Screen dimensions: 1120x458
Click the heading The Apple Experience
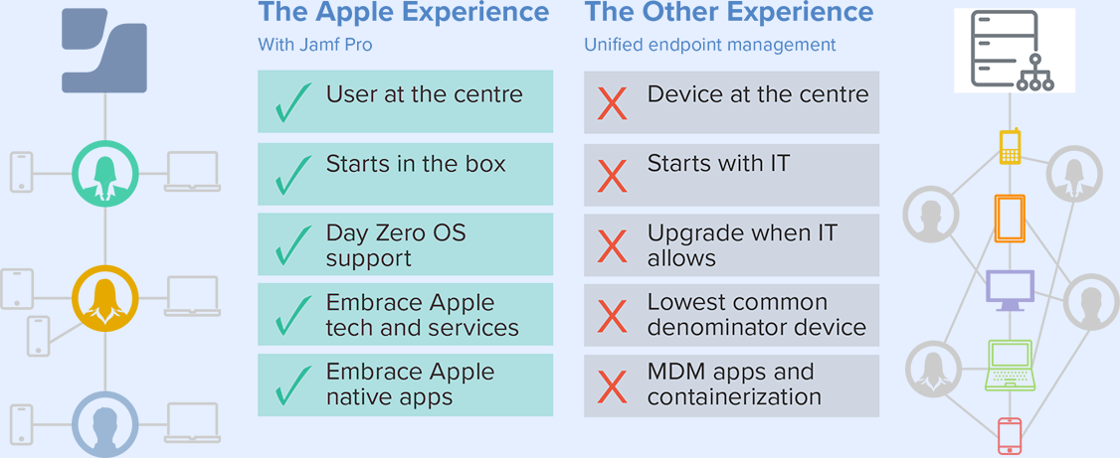(404, 12)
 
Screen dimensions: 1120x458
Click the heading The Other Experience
(728, 12)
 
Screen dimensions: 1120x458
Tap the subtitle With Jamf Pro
(315, 45)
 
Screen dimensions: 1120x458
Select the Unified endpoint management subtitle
(710, 45)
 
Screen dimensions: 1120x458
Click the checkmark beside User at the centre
(292, 102)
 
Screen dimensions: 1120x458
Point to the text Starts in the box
(416, 164)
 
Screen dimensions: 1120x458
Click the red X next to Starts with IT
(612, 176)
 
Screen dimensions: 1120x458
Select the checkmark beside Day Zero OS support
(292, 244)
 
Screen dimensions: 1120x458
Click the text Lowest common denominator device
(756, 315)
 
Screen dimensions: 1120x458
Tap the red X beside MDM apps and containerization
(612, 385)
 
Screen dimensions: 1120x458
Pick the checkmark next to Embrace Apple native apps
(292, 384)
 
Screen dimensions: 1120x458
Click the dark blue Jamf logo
(104, 51)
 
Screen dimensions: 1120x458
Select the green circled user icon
(105, 174)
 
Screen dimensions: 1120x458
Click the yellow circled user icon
(105, 298)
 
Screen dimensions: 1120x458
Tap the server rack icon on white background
(1014, 51)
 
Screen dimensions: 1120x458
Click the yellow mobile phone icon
(1010, 147)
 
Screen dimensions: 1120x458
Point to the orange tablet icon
(1010, 218)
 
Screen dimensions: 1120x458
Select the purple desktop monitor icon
(1010, 290)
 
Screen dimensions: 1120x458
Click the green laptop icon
(1010, 366)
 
